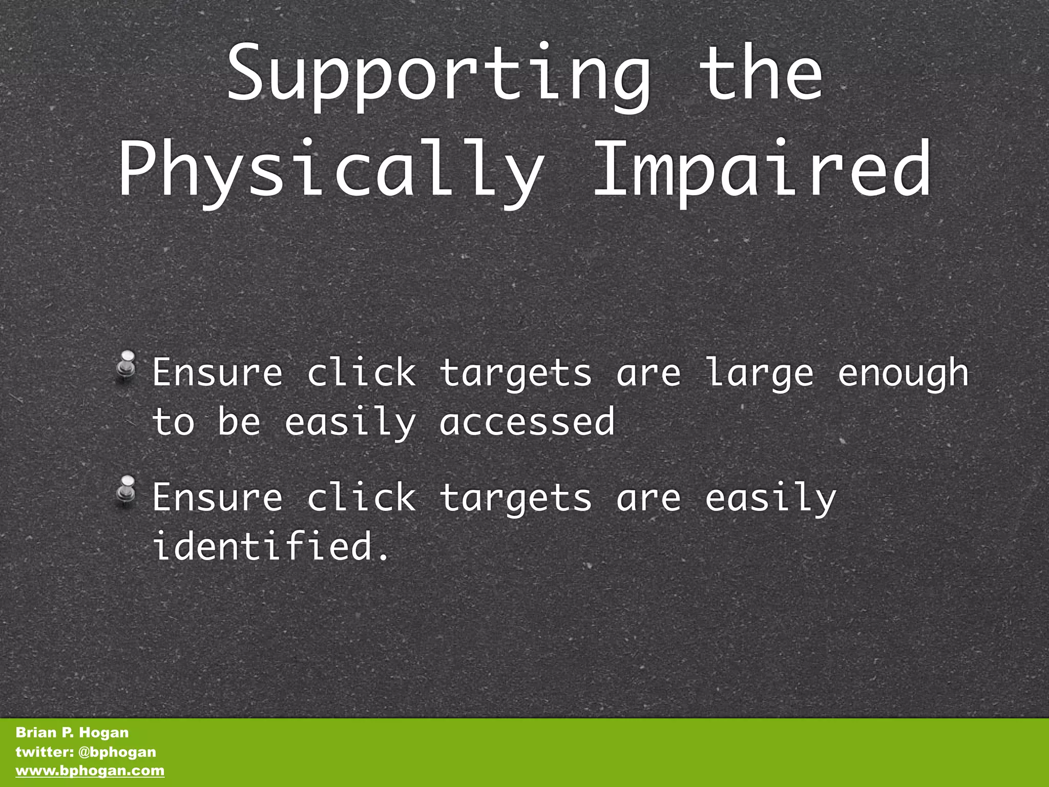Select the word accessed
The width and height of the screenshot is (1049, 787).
click(527, 422)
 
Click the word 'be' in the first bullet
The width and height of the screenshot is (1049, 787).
click(239, 421)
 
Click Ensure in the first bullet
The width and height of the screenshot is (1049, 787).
click(217, 373)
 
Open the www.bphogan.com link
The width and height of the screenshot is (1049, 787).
click(90, 771)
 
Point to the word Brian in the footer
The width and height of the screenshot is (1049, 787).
click(35, 733)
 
